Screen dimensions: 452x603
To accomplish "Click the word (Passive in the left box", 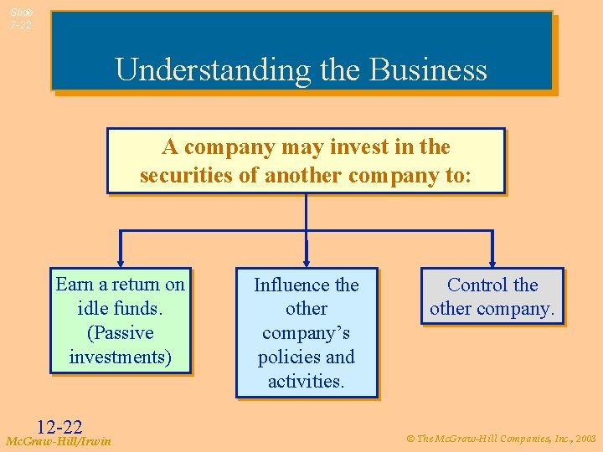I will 120,333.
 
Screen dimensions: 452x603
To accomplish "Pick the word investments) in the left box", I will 120,357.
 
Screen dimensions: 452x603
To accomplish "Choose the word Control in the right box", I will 477,285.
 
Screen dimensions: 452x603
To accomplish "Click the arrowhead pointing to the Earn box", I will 121,261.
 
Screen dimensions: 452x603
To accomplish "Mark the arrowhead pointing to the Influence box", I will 307,261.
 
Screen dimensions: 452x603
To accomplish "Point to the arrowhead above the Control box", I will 492,261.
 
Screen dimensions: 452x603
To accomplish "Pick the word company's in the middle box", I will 306,333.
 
